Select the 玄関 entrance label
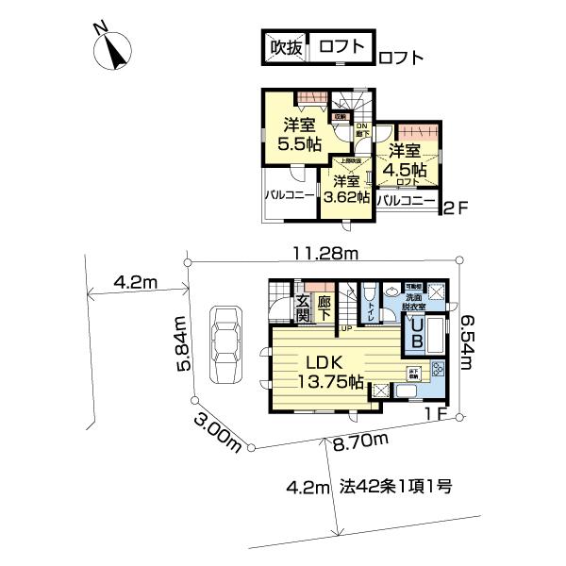point(303,308)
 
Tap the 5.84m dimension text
point(181,343)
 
